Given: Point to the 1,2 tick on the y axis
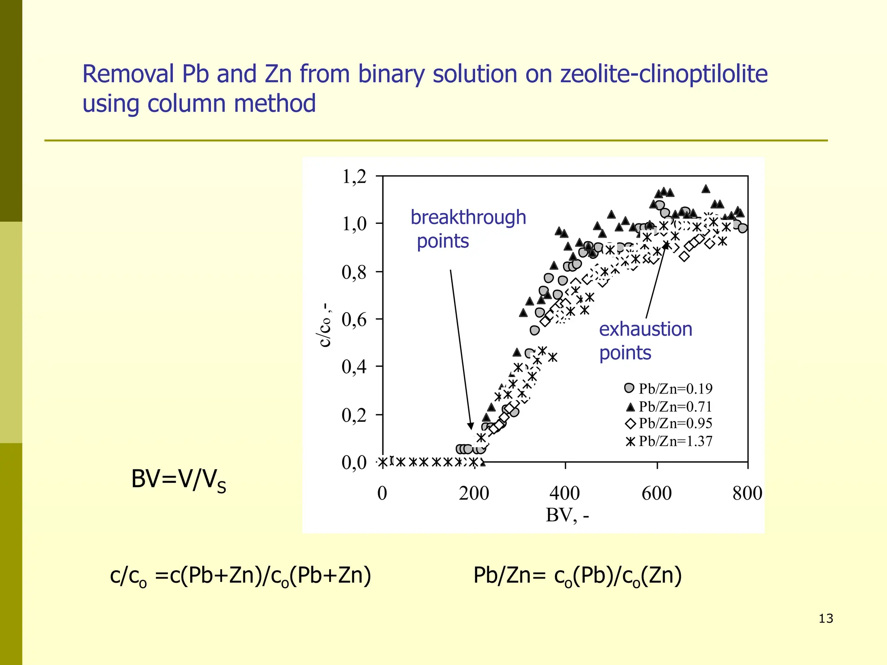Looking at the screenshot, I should click(x=354, y=177).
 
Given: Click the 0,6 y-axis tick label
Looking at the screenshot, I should click(x=354, y=320).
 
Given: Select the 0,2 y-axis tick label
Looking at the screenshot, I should click(x=354, y=415).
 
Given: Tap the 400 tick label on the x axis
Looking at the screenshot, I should click(x=564, y=493).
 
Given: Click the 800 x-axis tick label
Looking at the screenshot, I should click(x=747, y=493).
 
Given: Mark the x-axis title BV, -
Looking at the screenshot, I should click(x=567, y=515).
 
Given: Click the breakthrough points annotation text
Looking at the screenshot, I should click(x=468, y=229).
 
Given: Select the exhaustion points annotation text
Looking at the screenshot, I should click(x=645, y=341).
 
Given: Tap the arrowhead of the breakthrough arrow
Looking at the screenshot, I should click(x=471, y=426).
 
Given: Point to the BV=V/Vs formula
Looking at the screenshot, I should click(x=178, y=480).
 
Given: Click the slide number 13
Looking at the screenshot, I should click(x=825, y=618).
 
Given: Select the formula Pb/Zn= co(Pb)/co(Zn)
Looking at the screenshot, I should click(x=577, y=576).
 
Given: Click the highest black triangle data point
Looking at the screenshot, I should click(x=706, y=189).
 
